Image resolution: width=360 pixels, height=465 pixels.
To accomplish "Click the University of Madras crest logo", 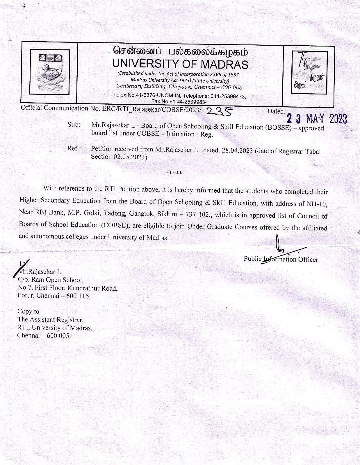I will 50,72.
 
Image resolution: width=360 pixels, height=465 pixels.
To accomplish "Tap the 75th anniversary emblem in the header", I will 309,72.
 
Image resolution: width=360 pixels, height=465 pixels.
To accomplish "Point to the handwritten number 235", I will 220,111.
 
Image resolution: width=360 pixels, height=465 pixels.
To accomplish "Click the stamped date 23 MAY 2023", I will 317,119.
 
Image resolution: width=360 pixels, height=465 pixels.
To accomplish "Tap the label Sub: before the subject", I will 74,124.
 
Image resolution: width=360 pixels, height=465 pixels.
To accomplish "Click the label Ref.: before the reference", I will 74,148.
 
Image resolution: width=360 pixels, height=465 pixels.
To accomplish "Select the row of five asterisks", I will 174,173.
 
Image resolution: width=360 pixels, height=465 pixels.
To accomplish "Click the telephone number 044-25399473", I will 228,96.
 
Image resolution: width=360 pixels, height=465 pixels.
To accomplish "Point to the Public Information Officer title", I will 281,259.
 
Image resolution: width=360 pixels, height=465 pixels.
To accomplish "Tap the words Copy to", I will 28,311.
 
